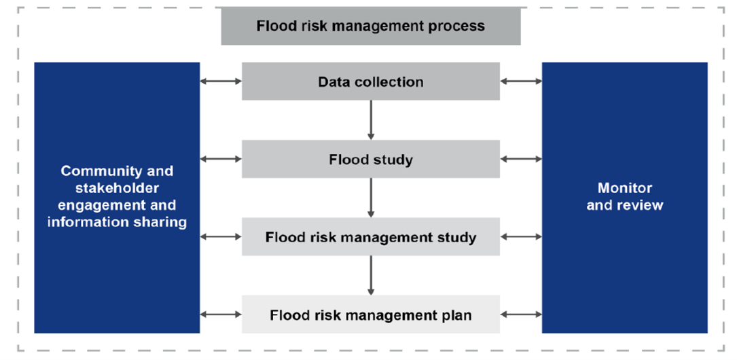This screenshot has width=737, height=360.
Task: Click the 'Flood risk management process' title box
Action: click(x=370, y=26)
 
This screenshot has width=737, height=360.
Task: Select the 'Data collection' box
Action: click(x=370, y=82)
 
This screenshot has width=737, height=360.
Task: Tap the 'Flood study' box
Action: click(x=370, y=160)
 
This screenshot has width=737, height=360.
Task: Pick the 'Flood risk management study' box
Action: click(x=370, y=237)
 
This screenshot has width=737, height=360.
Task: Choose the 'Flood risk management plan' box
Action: click(x=370, y=315)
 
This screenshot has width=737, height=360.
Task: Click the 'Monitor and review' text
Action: click(x=624, y=196)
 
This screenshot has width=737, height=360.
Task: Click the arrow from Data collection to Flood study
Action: click(x=371, y=120)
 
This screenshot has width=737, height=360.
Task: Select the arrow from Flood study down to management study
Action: click(x=371, y=198)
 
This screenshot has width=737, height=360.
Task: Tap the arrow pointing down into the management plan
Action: click(x=371, y=275)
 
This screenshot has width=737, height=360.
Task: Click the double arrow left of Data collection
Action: click(x=221, y=82)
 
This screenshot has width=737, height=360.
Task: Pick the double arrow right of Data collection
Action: click(x=521, y=82)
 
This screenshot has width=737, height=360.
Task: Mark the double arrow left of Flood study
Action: click(x=221, y=160)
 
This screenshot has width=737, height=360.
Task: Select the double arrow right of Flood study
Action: click(x=521, y=160)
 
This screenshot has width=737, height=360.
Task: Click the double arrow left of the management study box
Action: click(x=221, y=237)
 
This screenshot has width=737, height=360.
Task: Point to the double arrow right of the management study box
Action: click(x=521, y=237)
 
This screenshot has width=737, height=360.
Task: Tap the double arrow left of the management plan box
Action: click(x=221, y=314)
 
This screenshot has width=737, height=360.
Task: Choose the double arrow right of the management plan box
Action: click(x=521, y=314)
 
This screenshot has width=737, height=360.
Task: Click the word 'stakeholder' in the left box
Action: click(x=117, y=188)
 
